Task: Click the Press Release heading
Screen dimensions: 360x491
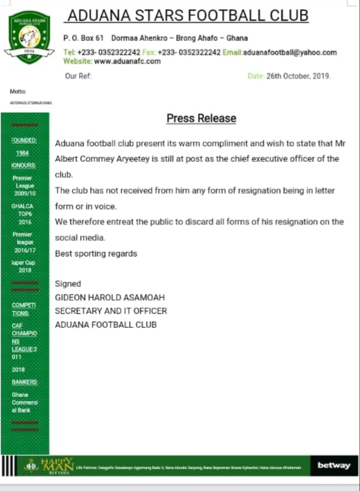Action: click(201, 118)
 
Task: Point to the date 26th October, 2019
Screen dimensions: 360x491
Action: click(298, 76)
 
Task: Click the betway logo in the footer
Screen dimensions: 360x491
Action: click(333, 466)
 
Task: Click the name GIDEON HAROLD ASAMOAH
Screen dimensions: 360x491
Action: click(109, 298)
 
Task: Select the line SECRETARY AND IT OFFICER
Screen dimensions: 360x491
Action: click(111, 311)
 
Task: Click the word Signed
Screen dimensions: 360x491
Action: click(68, 283)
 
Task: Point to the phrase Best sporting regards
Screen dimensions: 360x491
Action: click(96, 253)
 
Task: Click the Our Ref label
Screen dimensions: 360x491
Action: click(77, 76)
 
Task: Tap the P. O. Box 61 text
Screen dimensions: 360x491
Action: click(83, 38)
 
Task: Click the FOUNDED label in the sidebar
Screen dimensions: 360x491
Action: click(24, 140)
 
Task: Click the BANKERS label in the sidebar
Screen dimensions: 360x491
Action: click(25, 382)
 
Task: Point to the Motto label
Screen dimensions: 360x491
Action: click(18, 91)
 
